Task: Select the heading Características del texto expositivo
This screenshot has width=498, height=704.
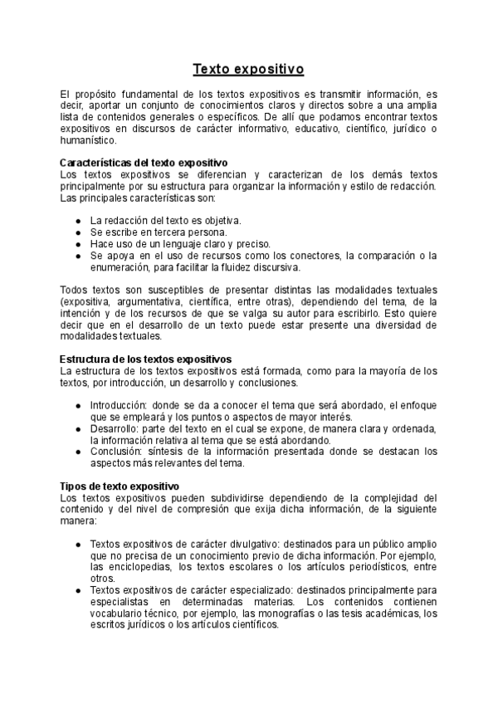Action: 145,163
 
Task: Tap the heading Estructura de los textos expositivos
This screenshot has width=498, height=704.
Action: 146,359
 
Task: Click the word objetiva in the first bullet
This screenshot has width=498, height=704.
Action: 220,221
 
